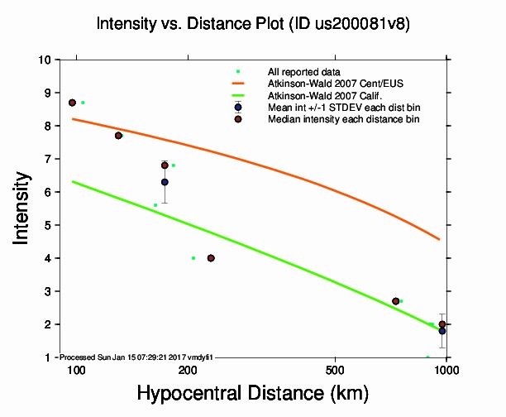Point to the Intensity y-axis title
(22, 208)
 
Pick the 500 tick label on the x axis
(335, 370)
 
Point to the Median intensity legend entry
(343, 120)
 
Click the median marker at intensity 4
(211, 258)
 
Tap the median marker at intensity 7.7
(118, 136)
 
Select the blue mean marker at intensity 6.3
(165, 182)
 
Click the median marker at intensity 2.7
(396, 301)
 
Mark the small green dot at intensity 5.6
(155, 205)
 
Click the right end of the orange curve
(439, 239)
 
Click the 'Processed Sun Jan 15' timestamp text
(137, 357)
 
